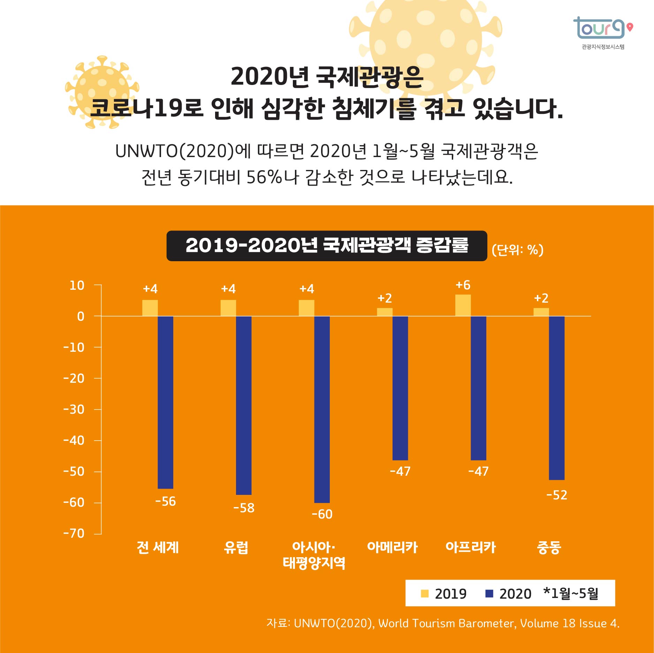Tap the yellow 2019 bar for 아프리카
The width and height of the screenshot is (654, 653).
tap(463, 305)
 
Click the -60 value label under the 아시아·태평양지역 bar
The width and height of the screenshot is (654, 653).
tap(322, 514)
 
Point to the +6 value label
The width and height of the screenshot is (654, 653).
tap(463, 285)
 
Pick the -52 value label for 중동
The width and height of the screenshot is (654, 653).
tap(556, 495)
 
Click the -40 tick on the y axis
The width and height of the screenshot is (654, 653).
tap(74, 441)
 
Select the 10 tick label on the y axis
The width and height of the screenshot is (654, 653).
tap(77, 286)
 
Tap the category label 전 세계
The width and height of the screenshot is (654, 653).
tap(158, 547)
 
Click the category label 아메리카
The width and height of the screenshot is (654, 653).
tap(392, 547)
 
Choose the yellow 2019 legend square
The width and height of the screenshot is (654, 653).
tap(424, 593)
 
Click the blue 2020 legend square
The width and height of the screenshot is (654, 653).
tap(489, 593)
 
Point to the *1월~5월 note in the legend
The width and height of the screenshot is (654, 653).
tap(571, 593)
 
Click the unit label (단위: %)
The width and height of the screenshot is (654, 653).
tap(517, 250)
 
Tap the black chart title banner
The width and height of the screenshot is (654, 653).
tap(327, 246)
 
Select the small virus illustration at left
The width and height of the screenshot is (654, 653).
tap(102, 92)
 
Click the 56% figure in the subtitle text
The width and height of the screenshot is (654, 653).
tap(264, 177)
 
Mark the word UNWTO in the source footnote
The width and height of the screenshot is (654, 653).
tap(314, 623)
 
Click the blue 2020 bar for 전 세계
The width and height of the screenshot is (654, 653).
tap(166, 402)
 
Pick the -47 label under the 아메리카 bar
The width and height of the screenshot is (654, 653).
tap(400, 471)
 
